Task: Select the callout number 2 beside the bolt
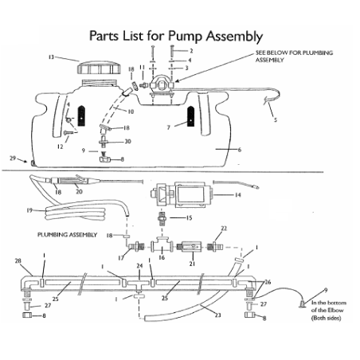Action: click(x=190, y=50)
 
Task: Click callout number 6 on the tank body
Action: click(x=239, y=149)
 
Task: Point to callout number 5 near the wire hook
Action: click(x=276, y=120)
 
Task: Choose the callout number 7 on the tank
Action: click(x=168, y=127)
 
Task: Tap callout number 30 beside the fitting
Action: click(x=127, y=141)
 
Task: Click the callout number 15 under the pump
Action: click(x=189, y=217)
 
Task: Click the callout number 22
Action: click(x=224, y=229)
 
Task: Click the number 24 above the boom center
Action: click(x=139, y=265)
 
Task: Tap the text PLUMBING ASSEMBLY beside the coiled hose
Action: click(x=67, y=235)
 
